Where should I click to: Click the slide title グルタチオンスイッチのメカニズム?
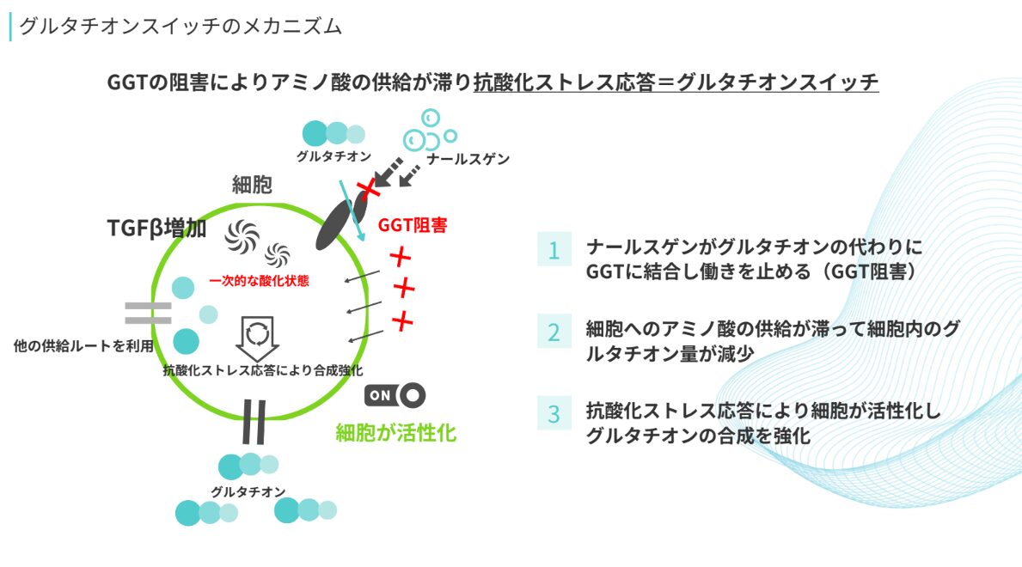[181, 27]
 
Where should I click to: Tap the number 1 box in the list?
[554, 250]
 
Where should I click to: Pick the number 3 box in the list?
[554, 414]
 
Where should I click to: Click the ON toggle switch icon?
[395, 394]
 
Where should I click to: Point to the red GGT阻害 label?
[413, 226]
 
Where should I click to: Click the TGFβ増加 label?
[156, 229]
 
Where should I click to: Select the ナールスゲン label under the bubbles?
[469, 158]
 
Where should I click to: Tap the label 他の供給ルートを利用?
[83, 346]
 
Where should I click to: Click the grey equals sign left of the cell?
[148, 313]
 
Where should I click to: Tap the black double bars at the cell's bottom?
[254, 422]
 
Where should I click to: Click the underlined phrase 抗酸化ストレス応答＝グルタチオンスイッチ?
[676, 82]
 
